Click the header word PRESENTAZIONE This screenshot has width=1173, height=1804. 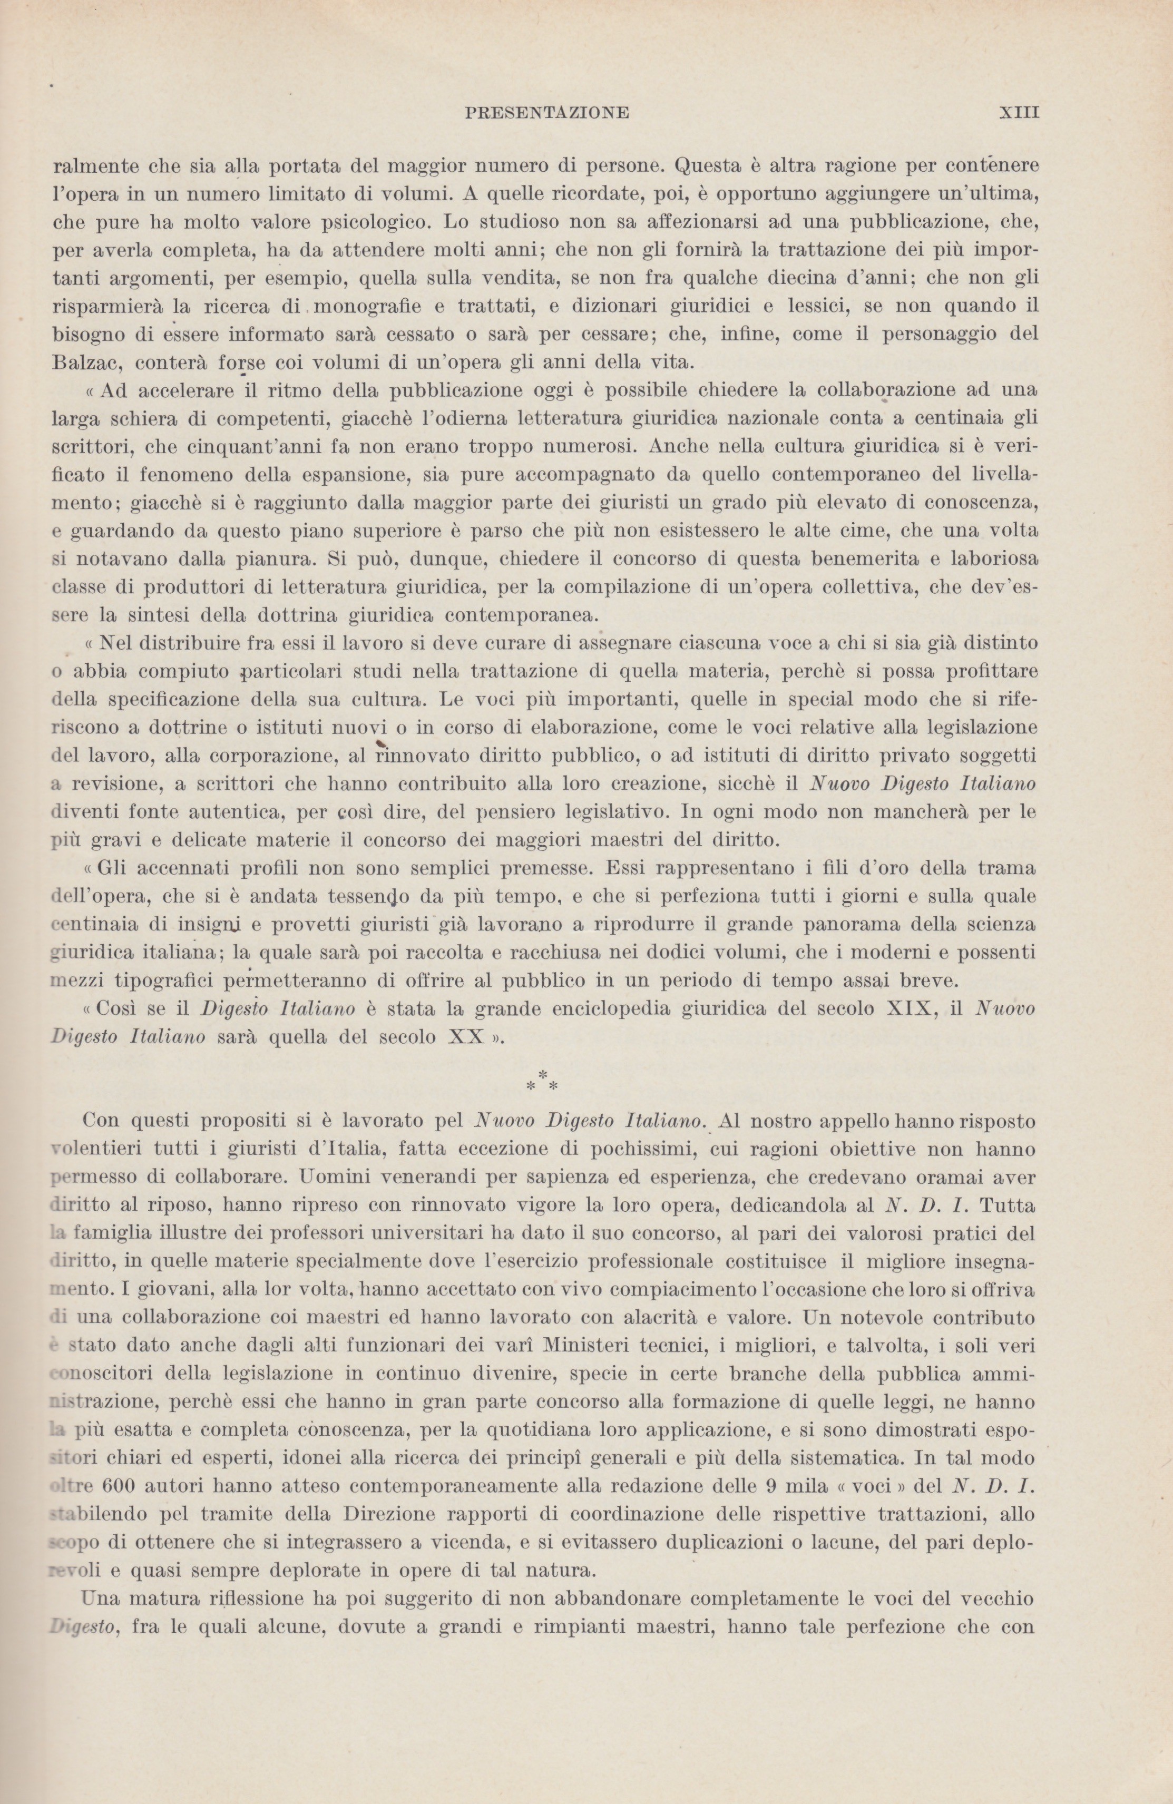pyautogui.click(x=546, y=113)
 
